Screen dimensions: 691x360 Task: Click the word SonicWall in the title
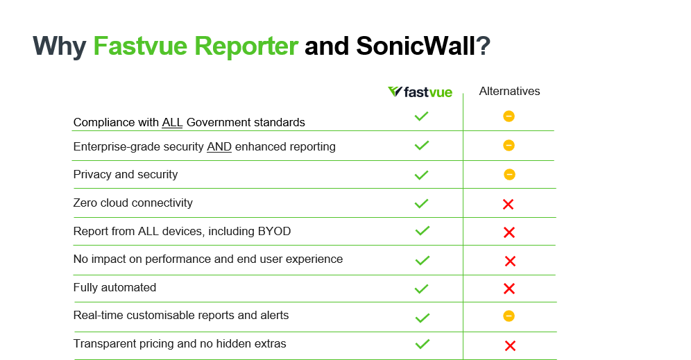(416, 46)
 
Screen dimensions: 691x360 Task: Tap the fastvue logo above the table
(420, 92)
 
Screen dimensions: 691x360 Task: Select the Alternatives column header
(509, 91)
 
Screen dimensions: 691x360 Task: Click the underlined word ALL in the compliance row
(172, 123)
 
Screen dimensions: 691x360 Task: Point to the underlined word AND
(219, 147)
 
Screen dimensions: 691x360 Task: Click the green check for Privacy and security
(422, 175)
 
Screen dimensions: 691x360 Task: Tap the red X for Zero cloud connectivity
(508, 204)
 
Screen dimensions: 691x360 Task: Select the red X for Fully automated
(509, 289)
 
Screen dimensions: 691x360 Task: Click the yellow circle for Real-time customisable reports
(509, 316)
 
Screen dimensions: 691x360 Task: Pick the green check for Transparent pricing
(423, 344)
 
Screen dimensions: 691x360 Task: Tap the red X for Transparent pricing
(511, 346)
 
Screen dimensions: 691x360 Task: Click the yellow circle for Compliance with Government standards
(509, 117)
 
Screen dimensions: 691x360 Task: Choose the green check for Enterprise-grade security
(422, 146)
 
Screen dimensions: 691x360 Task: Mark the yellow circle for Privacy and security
(509, 175)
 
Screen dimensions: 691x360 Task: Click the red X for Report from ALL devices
(509, 232)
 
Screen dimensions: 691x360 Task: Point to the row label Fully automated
(114, 288)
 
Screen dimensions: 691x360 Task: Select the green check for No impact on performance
(423, 260)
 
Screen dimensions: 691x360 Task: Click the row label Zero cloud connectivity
(133, 203)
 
